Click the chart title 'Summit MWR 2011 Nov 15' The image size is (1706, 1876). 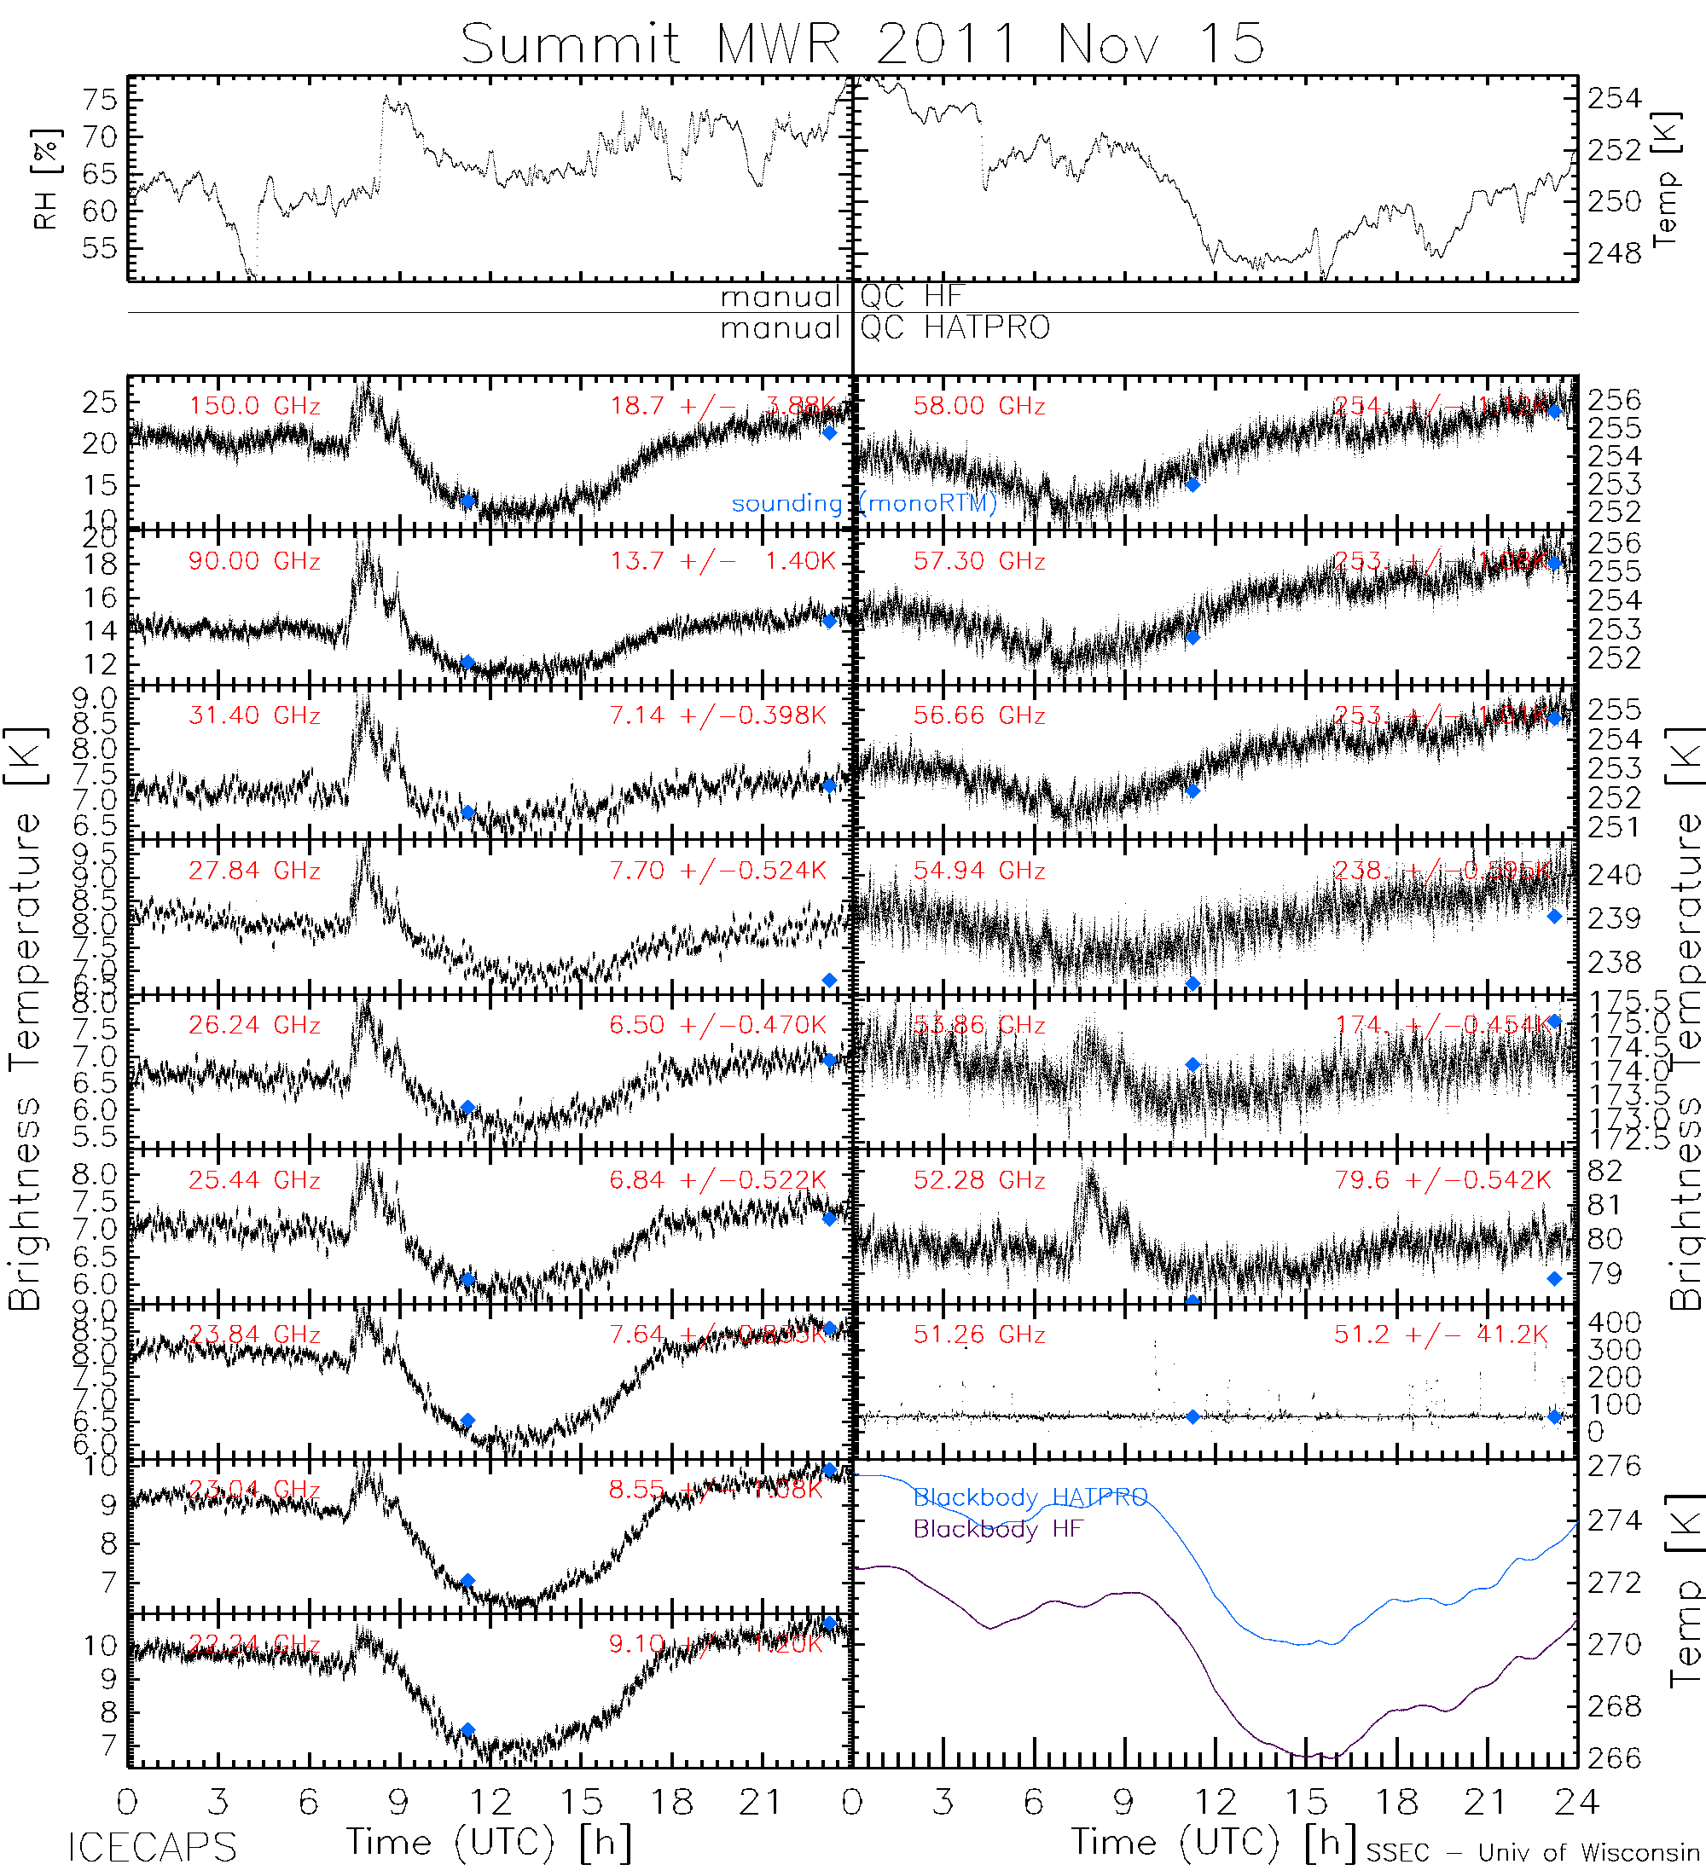pos(862,43)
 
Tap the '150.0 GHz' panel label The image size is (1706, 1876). pos(254,407)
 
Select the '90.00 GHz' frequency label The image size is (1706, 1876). pos(254,561)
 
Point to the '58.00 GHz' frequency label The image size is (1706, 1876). pos(978,407)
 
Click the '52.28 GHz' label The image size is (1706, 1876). pos(978,1180)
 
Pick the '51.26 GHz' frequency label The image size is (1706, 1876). pos(978,1335)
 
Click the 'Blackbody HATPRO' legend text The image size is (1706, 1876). pos(1030,1497)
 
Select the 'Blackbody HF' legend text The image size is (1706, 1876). pos(998,1529)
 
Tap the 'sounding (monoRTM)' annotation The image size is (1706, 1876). pos(864,503)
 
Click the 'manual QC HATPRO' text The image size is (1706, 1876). pos(885,328)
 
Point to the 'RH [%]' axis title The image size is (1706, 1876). pos(45,179)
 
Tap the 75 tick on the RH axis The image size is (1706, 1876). pos(100,100)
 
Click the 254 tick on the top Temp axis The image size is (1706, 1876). pos(1614,98)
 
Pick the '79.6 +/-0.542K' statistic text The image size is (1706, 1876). pos(1442,1180)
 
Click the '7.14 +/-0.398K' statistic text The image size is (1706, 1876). pos(717,715)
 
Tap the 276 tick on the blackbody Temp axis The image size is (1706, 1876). pos(1614,1467)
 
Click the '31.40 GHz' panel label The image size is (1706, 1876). pos(254,715)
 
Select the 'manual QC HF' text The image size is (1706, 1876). pos(841,297)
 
